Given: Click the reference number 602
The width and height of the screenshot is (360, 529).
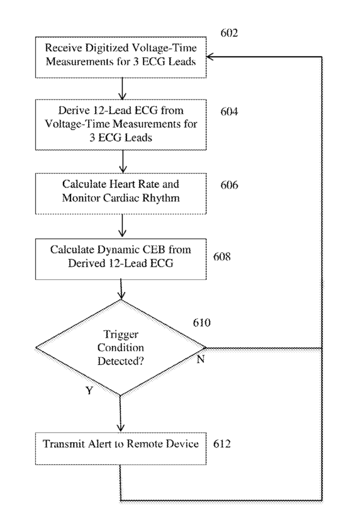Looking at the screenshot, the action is point(229,33).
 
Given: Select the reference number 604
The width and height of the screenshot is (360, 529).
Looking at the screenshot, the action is point(229,111).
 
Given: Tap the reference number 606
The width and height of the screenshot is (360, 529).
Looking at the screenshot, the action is point(229,185).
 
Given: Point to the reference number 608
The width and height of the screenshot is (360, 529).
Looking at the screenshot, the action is point(222,257).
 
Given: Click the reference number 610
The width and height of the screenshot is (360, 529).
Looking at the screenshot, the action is point(201,323).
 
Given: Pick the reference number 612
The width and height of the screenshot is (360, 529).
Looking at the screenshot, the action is point(222,443).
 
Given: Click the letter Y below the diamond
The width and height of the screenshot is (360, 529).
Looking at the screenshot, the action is point(89,391).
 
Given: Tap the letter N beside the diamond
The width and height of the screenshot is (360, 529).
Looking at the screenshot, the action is point(201,360).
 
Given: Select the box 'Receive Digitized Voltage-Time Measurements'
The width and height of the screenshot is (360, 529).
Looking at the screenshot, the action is point(121,57).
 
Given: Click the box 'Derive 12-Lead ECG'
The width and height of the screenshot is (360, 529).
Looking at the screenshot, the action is point(121,125).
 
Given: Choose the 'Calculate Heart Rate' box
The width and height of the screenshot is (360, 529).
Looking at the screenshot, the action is point(121,194).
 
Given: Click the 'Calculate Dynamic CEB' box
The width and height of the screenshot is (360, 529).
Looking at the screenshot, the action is point(121,259).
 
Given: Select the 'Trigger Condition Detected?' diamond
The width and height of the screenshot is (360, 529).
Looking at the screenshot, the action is point(121,347).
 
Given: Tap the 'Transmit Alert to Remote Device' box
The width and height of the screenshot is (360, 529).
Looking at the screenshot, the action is point(121,448).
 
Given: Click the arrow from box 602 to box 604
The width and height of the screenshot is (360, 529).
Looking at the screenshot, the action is point(122,89).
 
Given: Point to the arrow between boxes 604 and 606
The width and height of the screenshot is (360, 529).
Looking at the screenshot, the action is point(123,162).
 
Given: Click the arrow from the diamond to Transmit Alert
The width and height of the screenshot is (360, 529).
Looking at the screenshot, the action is point(120,414).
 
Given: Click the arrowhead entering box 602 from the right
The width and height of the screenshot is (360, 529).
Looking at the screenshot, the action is point(210,57).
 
